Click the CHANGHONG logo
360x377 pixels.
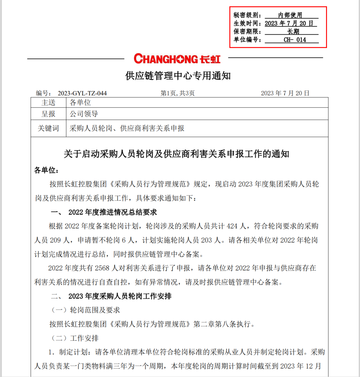[x=177, y=59]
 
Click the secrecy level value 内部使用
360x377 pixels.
[x=290, y=15]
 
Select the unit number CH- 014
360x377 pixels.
[x=295, y=40]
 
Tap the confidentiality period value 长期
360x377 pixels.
[x=293, y=31]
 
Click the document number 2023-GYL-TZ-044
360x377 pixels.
[x=82, y=93]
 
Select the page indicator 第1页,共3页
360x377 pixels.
[x=178, y=93]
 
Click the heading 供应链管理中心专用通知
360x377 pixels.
[x=178, y=76]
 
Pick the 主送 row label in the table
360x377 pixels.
[x=48, y=103]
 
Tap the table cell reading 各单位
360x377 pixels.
[x=80, y=103]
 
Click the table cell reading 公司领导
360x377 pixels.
[x=84, y=114]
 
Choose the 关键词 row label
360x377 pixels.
[x=48, y=128]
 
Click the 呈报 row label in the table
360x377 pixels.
[x=48, y=114]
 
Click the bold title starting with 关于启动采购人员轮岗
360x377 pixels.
[x=176, y=154]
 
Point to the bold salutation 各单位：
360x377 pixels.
[x=47, y=170]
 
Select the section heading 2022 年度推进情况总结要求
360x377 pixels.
[x=113, y=212]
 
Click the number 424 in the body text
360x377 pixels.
[x=232, y=226]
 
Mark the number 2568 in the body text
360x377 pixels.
[x=102, y=268]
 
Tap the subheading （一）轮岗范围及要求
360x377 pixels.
[x=85, y=310]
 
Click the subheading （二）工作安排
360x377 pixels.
[x=75, y=338]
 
